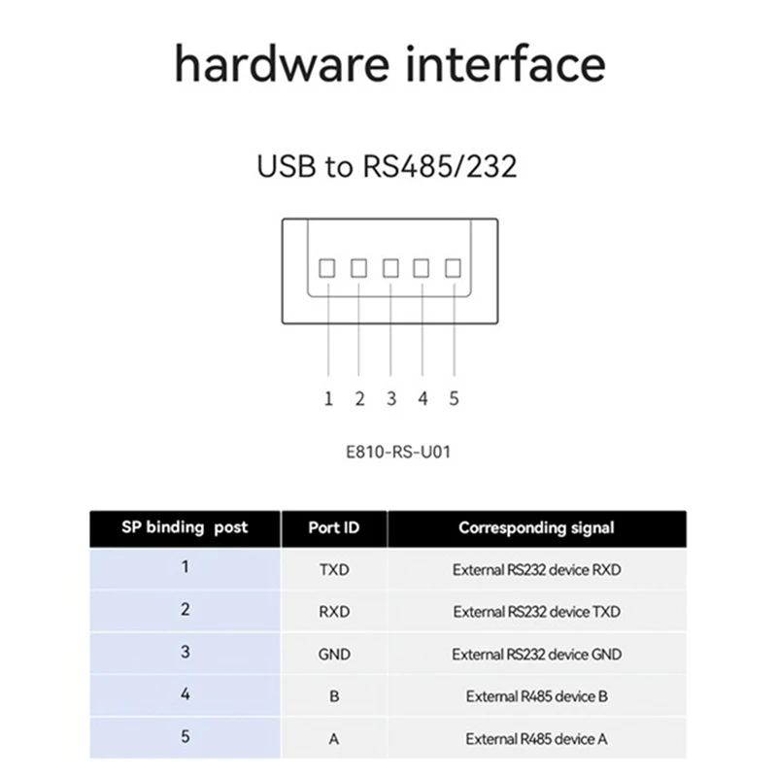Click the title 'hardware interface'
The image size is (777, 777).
pyautogui.click(x=388, y=65)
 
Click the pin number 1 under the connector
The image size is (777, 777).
pyautogui.click(x=328, y=398)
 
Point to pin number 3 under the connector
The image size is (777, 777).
pyautogui.click(x=390, y=398)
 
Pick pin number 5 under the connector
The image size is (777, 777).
pyautogui.click(x=454, y=398)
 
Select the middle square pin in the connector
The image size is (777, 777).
pyautogui.click(x=390, y=266)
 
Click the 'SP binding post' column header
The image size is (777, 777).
pyautogui.click(x=185, y=527)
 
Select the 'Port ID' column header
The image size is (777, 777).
pyautogui.click(x=333, y=528)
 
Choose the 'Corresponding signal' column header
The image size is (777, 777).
pyautogui.click(x=536, y=528)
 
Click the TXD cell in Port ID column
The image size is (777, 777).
pyautogui.click(x=333, y=570)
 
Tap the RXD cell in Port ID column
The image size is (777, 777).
pyautogui.click(x=333, y=612)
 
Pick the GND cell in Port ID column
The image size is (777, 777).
pyautogui.click(x=333, y=655)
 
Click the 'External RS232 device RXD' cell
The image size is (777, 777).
pyautogui.click(x=536, y=570)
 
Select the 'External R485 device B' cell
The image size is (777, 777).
pyautogui.click(x=536, y=696)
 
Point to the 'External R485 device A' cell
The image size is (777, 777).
pyautogui.click(x=536, y=739)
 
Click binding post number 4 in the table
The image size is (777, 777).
pyautogui.click(x=185, y=695)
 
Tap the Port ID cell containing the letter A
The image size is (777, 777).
pyautogui.click(x=333, y=739)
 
